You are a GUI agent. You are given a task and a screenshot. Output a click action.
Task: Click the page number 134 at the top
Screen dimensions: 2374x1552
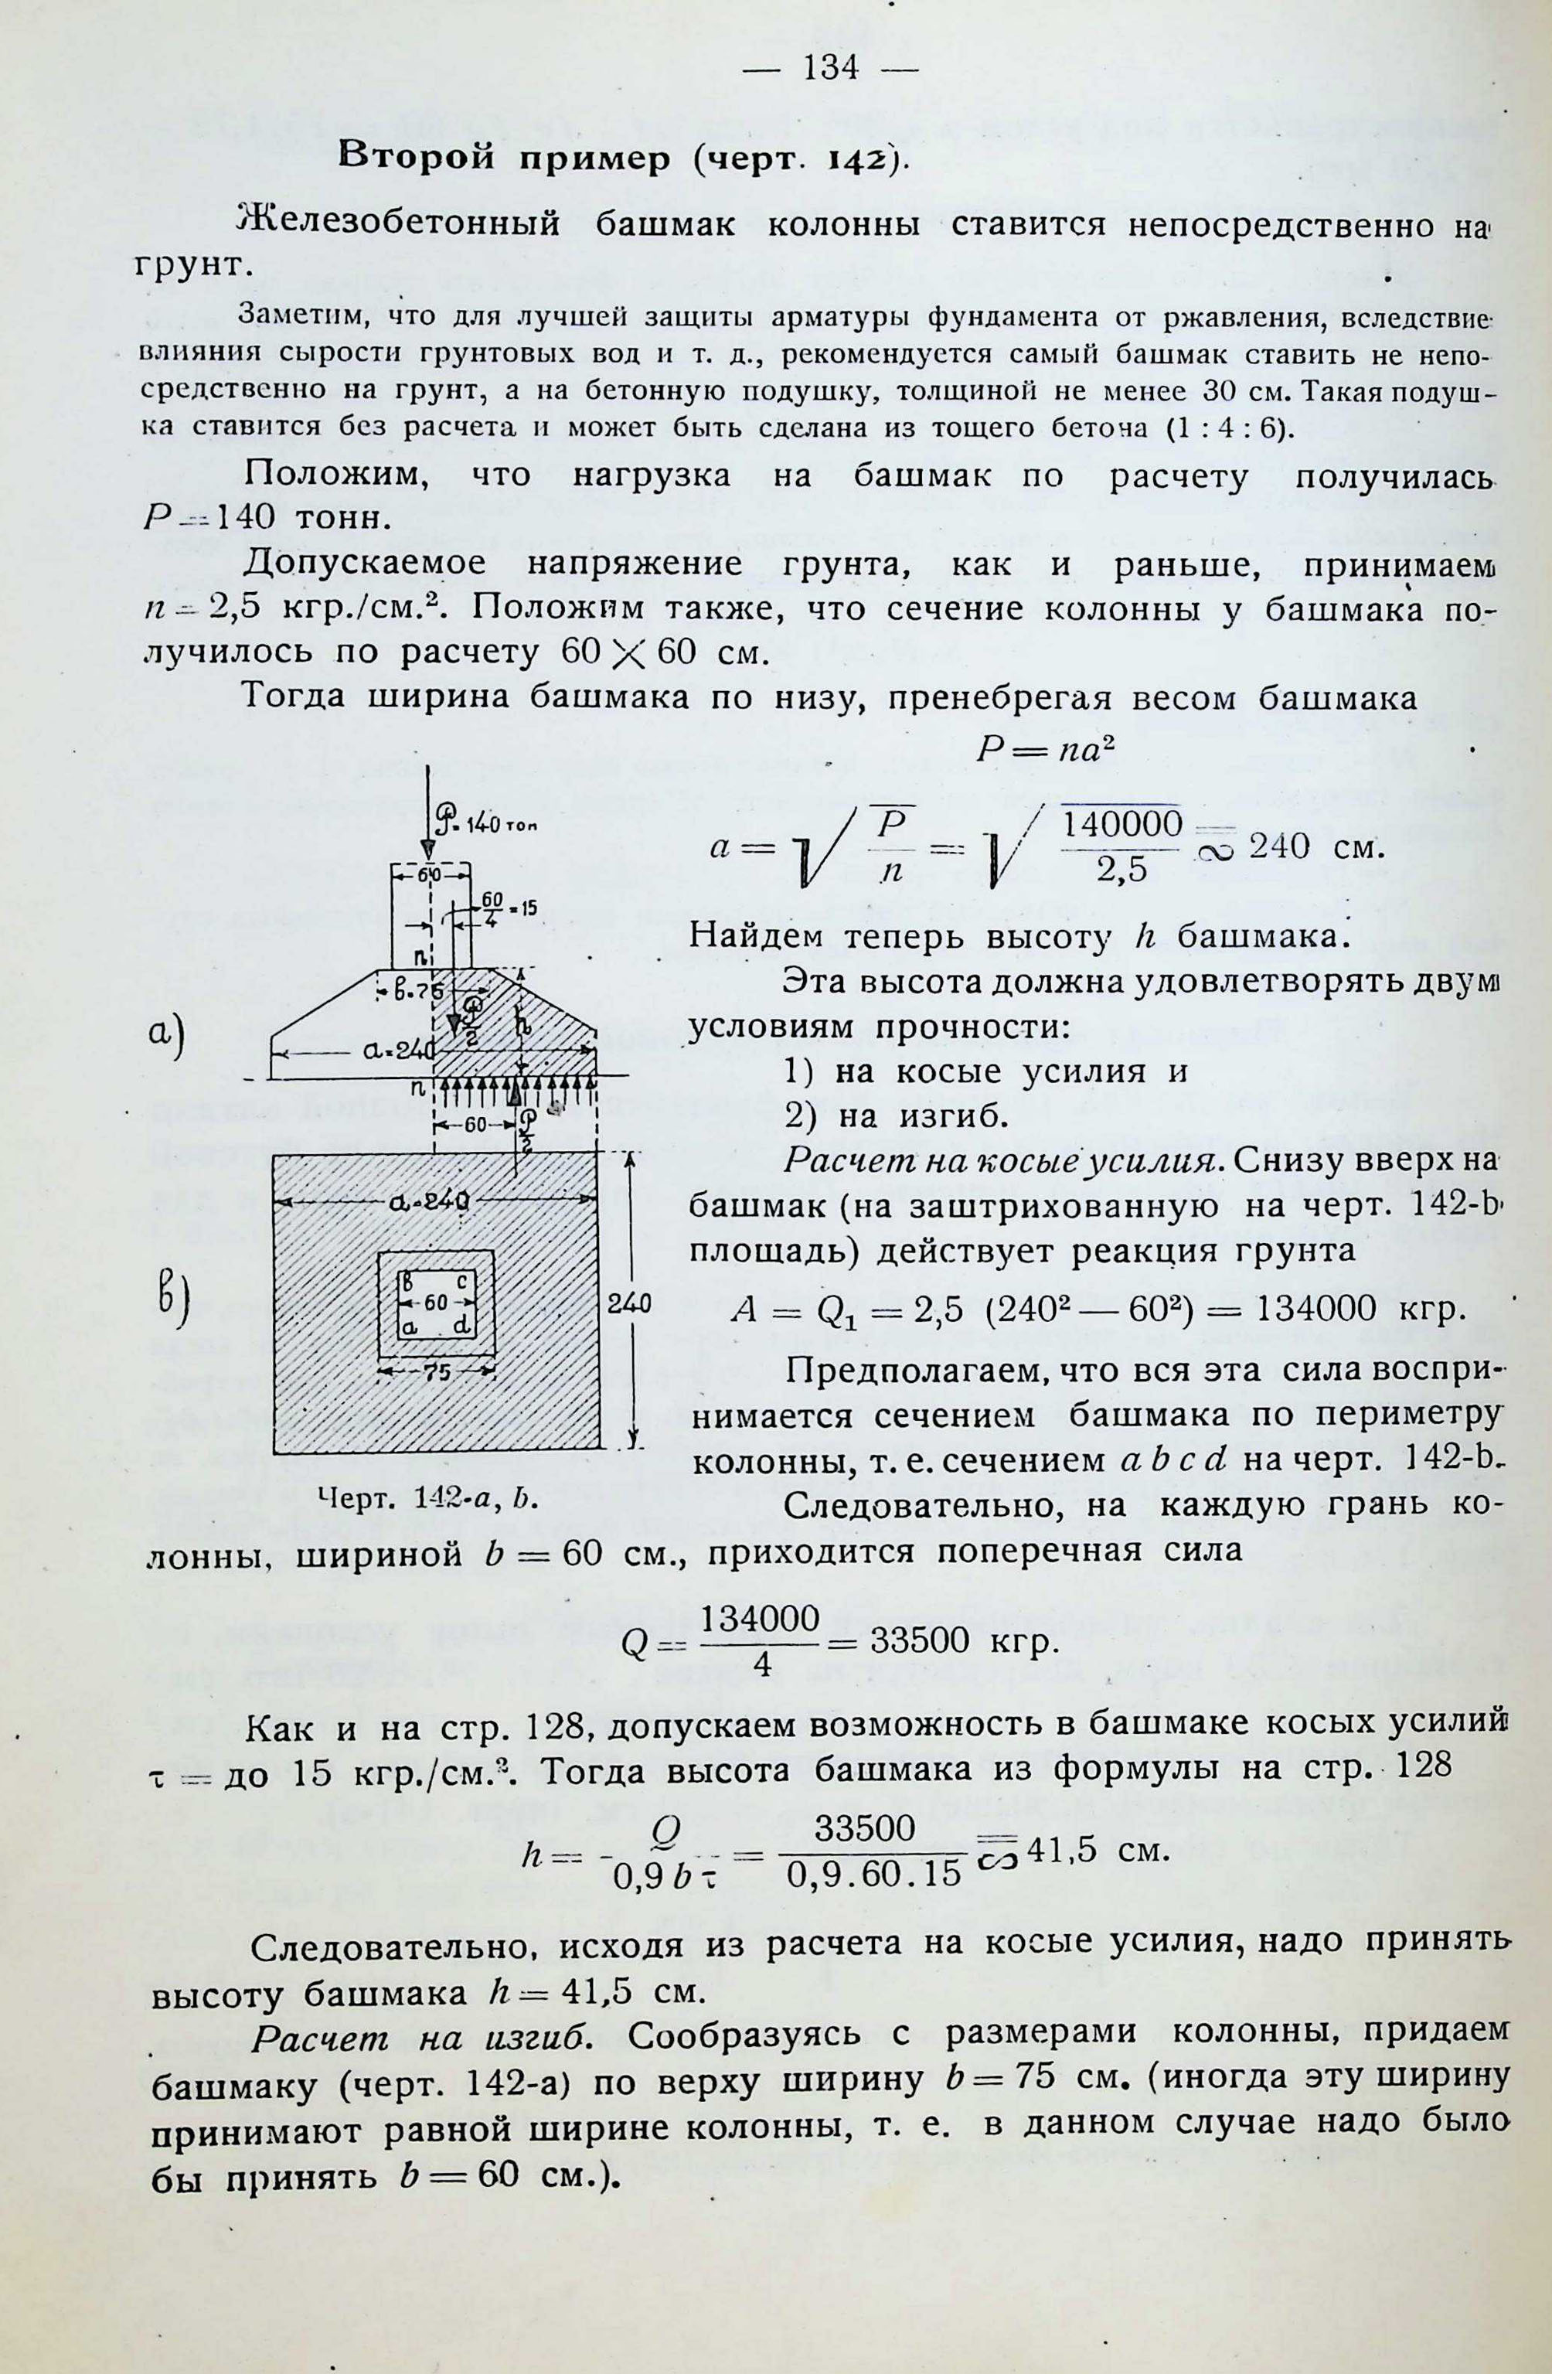(x=830, y=68)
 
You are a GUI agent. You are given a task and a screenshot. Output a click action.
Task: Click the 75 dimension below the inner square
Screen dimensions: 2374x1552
(x=437, y=1371)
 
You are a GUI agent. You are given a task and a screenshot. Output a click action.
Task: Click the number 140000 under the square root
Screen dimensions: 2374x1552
(x=1122, y=824)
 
